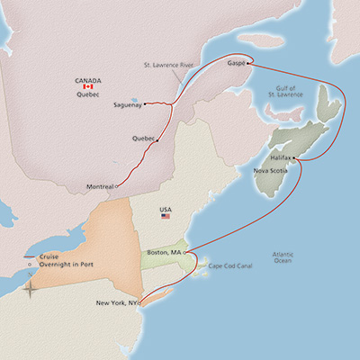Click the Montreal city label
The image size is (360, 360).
[x=99, y=186]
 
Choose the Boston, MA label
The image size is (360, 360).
[x=161, y=255]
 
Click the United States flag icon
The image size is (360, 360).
[x=166, y=217]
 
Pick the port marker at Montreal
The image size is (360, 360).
[x=117, y=186]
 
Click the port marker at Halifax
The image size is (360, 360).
[x=294, y=158]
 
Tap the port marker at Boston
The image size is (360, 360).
[x=184, y=255]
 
